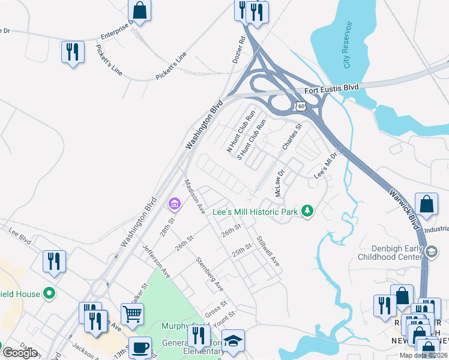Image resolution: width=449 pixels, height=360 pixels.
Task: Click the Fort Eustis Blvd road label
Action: coord(331,88)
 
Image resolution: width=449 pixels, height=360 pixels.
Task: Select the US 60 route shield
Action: coord(300,106)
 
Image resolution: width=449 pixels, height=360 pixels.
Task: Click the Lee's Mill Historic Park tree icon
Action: coord(307,211)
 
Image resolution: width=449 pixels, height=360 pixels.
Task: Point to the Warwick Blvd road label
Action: coord(403,205)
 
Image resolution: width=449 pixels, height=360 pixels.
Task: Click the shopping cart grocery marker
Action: coord(132,312)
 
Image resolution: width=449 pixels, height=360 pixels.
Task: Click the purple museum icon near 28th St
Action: coord(175,205)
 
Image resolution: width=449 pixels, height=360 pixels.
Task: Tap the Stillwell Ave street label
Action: coord(268,251)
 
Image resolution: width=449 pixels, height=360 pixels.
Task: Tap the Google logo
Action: coord(20,353)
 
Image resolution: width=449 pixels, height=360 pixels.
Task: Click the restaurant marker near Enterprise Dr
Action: coord(72,51)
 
